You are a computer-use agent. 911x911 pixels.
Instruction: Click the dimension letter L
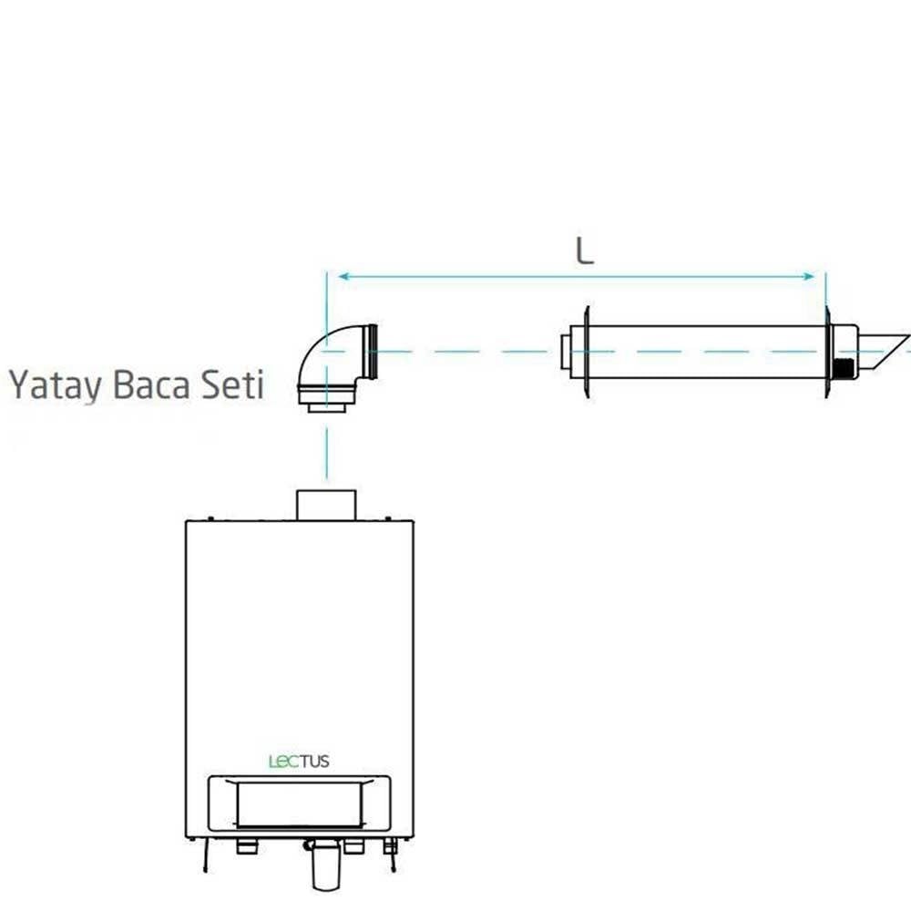pos(585,251)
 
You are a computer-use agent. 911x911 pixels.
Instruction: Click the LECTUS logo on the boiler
pos(299,761)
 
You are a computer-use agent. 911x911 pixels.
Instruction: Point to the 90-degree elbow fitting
pos(328,364)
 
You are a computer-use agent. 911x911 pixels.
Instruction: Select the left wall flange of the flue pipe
pos(588,352)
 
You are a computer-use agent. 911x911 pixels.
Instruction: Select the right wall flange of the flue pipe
pos(828,352)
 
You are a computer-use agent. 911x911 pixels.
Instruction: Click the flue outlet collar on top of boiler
pos(325,504)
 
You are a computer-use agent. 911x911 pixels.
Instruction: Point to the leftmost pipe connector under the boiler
pos(246,847)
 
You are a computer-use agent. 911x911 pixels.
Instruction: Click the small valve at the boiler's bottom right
pos(391,847)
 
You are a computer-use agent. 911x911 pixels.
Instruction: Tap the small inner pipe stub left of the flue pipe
pos(566,352)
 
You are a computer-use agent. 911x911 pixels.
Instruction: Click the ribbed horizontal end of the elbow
pos(373,352)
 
